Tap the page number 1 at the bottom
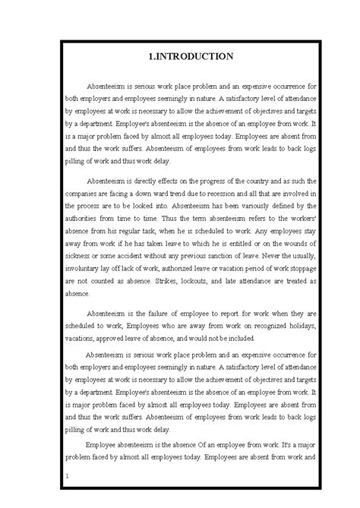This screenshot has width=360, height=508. coord(68,476)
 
